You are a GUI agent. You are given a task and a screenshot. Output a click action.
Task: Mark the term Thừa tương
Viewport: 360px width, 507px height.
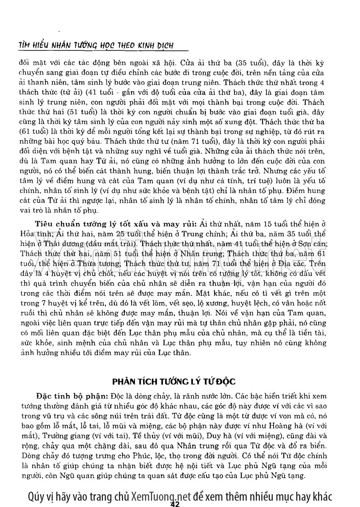click(x=94, y=263)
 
